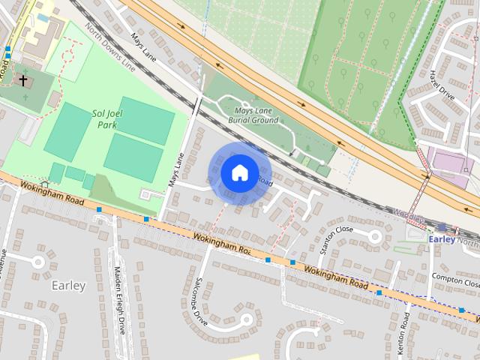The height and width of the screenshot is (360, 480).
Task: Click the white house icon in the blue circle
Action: (239, 172)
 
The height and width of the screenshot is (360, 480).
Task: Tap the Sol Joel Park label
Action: (106, 119)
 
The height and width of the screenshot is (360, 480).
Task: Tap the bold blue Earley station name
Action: (442, 239)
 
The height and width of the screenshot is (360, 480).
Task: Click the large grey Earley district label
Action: (69, 286)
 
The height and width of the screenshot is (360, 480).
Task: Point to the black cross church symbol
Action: (23, 79)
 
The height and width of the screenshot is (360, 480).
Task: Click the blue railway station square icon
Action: (442, 227)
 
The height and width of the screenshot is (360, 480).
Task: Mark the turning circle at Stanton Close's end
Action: (375, 236)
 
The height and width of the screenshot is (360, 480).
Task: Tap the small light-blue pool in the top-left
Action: (43, 17)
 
